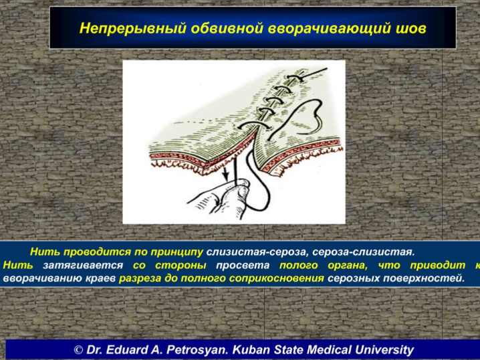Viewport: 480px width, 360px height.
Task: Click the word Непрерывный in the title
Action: point(132,29)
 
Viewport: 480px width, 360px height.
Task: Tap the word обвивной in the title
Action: point(227,28)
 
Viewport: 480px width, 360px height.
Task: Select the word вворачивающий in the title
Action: point(329,29)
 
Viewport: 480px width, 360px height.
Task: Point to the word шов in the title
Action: point(410,29)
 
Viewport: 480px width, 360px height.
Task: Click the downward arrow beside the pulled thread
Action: point(225,173)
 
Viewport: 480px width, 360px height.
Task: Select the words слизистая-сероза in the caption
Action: point(257,252)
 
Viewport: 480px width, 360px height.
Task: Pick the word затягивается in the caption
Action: point(83,266)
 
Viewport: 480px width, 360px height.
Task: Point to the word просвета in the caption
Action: point(243,266)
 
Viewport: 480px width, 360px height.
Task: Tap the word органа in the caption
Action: point(348,266)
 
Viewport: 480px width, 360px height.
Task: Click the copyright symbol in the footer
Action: point(78,350)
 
